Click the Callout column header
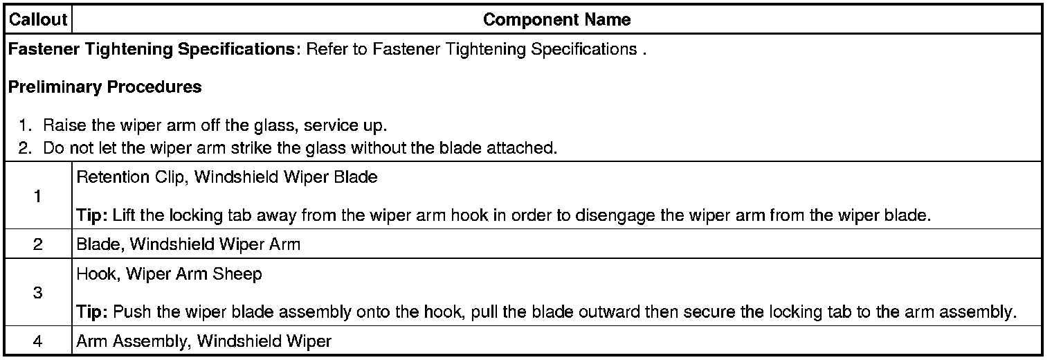point(38,20)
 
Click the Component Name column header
point(556,20)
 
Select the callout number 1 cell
point(37,196)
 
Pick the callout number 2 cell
point(37,244)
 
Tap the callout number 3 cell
point(37,292)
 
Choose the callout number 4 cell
point(37,341)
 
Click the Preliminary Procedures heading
point(105,87)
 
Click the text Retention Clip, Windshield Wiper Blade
point(227,177)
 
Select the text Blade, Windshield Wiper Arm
point(188,244)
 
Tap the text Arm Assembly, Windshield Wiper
point(204,341)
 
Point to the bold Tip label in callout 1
point(91,215)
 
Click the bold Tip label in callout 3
point(91,312)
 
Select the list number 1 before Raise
point(25,126)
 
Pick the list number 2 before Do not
point(25,148)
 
